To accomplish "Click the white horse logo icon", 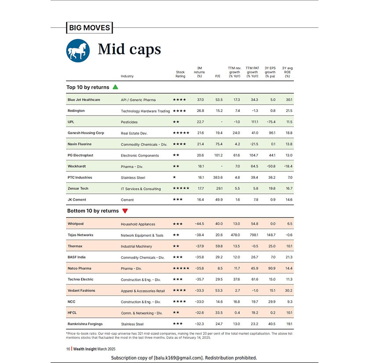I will coord(78,50).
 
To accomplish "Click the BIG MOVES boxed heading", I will coord(89,28).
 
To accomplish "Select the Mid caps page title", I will coord(129,50).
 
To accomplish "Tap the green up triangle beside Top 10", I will coord(116,87).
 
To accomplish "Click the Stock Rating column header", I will coord(180,74).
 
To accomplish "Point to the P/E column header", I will coord(217,76).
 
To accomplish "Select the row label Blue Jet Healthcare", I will coord(84,100).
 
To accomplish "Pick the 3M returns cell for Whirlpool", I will coord(199,224).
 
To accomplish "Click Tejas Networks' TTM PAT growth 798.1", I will coord(252,235).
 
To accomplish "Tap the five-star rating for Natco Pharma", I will coord(181,269).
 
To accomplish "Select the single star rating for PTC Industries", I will coord(175,178).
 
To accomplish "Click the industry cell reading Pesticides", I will coord(129,122).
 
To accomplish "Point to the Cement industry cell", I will coord(127,200).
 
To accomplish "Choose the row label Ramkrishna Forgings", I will coord(85,324).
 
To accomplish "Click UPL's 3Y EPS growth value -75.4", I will coord(270,122).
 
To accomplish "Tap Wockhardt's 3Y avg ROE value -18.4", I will coord(288,167).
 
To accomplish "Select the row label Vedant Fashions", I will coord(81,290).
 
